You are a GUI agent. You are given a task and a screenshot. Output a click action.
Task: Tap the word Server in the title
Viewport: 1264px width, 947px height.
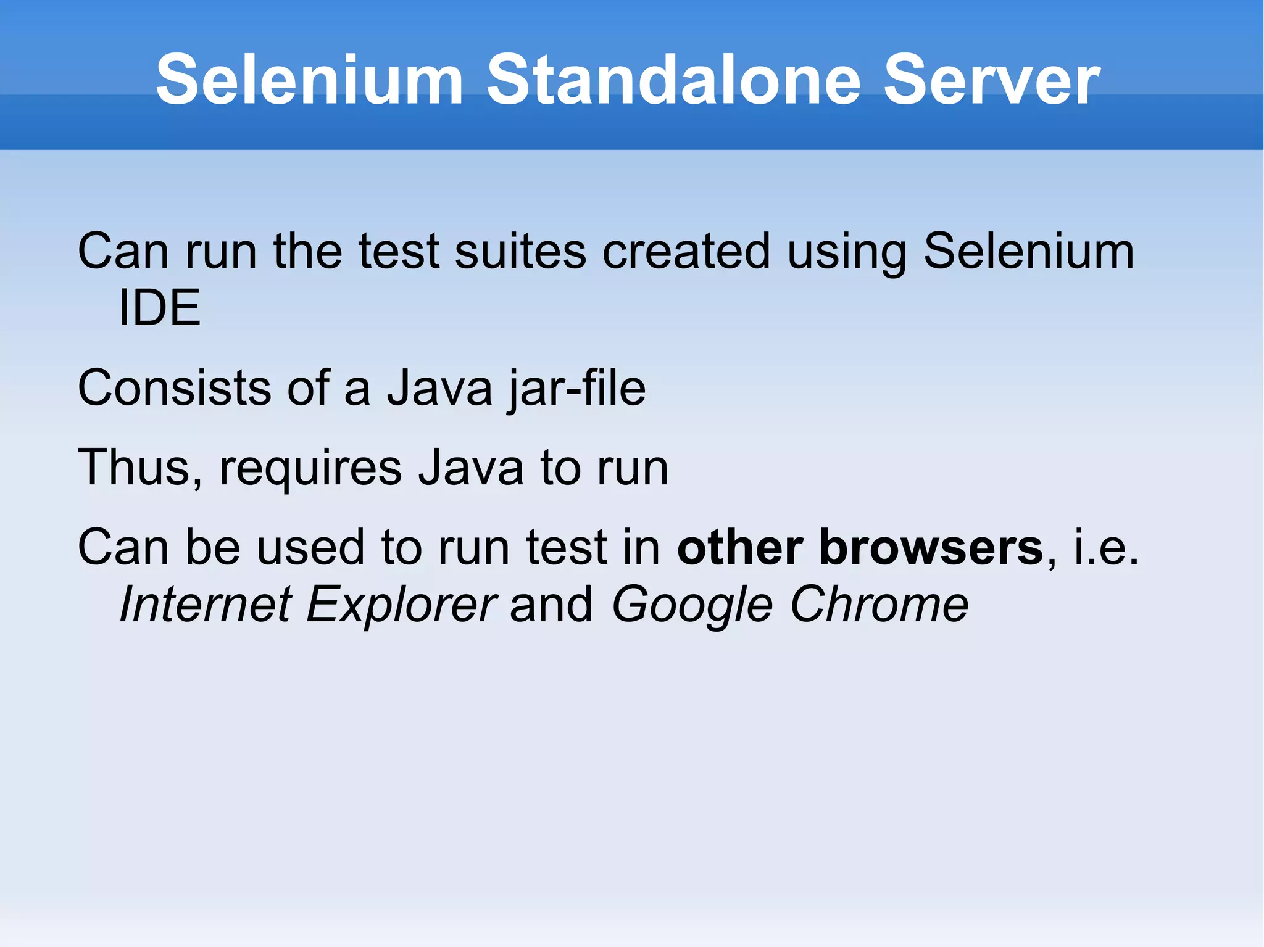[991, 80]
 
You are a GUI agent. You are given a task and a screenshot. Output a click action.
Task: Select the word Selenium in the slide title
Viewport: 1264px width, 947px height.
[309, 80]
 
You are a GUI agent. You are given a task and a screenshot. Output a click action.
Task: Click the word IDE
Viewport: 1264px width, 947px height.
[159, 308]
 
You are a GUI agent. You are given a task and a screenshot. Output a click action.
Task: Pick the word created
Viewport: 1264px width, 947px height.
[686, 252]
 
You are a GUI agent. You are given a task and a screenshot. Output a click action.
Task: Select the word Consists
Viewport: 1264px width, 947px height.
[174, 388]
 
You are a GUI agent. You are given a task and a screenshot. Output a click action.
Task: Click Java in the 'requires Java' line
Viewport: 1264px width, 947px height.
[471, 468]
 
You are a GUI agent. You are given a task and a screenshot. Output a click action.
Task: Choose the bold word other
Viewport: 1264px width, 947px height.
[740, 547]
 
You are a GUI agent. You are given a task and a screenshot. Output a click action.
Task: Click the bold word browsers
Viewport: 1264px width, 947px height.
[931, 547]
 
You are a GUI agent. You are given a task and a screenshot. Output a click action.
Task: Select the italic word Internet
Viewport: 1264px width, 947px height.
[206, 604]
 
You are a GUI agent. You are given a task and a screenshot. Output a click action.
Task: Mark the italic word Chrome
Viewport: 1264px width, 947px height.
[879, 604]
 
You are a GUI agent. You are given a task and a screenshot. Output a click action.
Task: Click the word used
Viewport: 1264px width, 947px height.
[310, 547]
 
